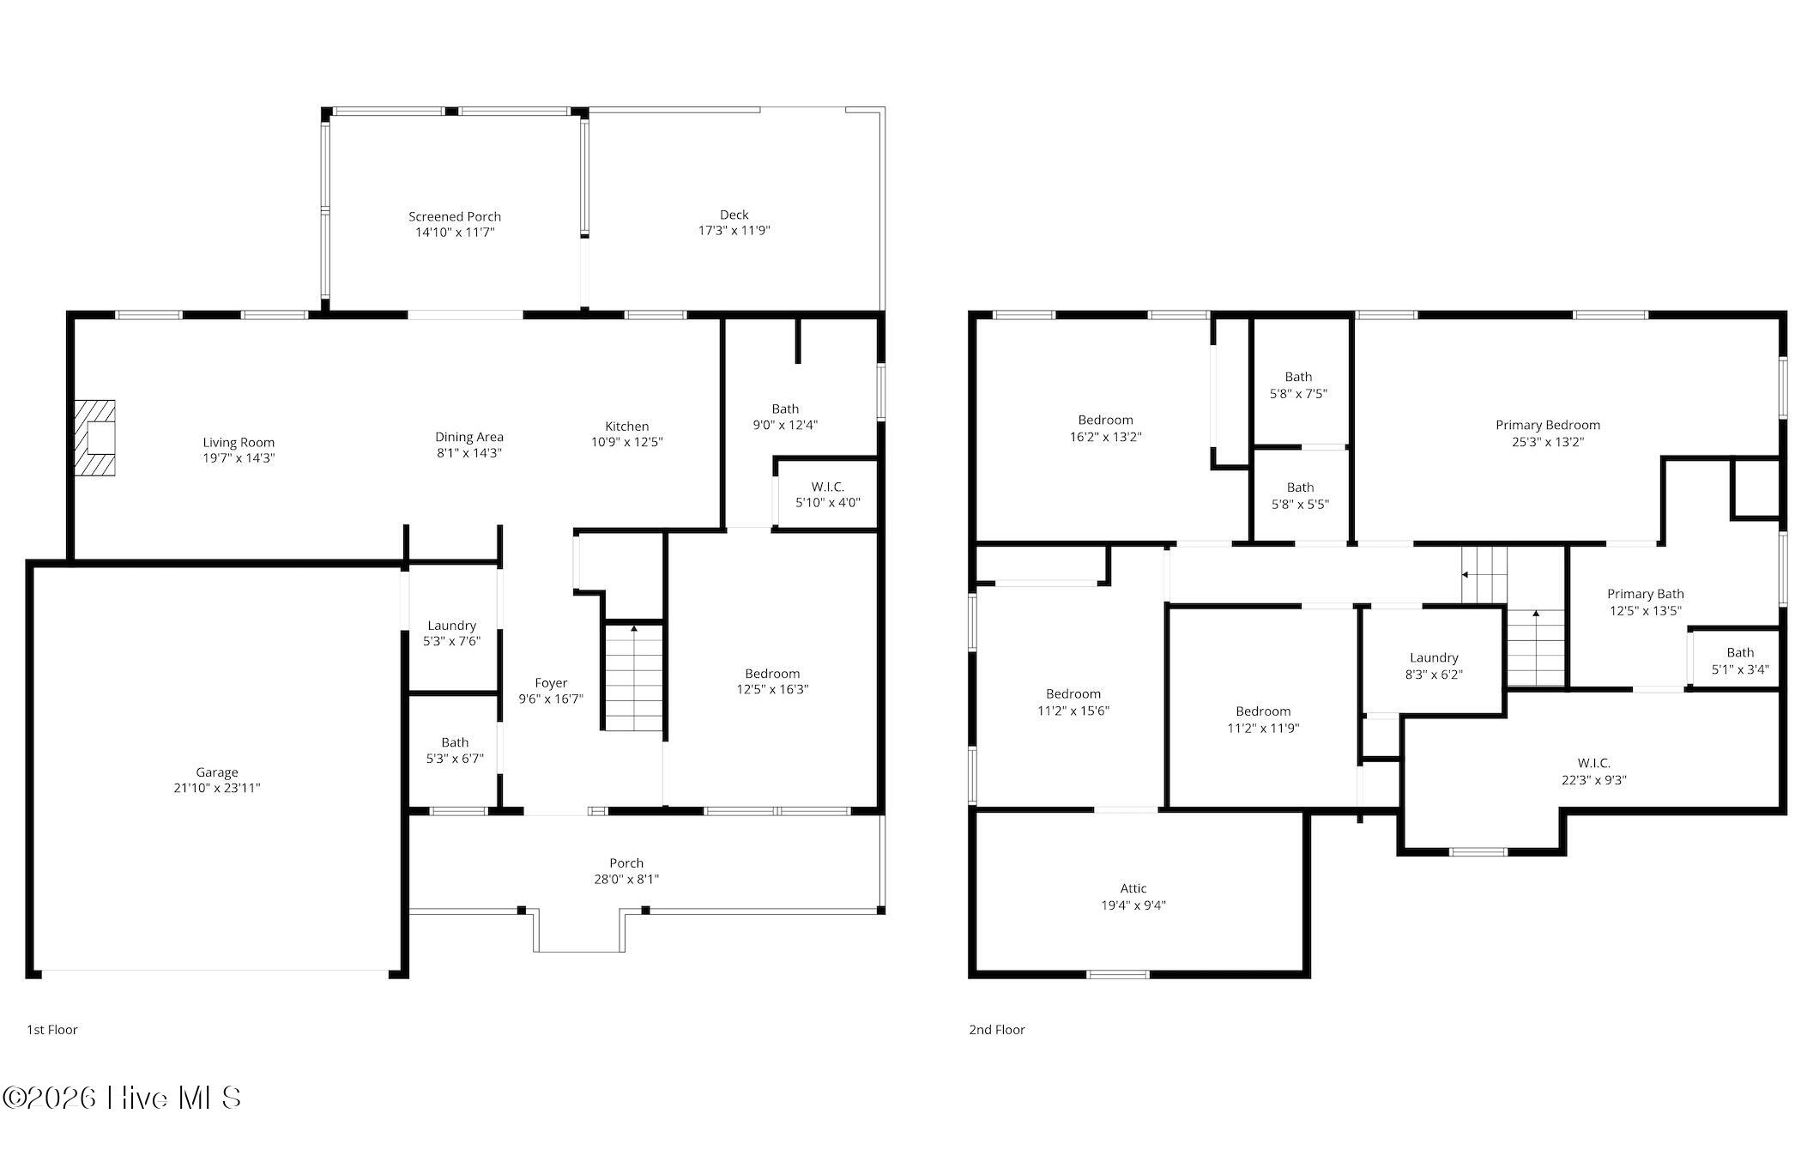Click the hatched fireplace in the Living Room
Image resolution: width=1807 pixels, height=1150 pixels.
pyautogui.click(x=94, y=438)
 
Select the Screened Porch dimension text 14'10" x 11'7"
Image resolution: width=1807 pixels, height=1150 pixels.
pyautogui.click(x=455, y=233)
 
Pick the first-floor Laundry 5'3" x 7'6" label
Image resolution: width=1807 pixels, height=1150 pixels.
pyautogui.click(x=451, y=633)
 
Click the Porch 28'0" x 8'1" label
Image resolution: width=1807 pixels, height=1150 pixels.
pyautogui.click(x=626, y=871)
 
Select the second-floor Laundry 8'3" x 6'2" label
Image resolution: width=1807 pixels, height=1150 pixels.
pyautogui.click(x=1434, y=666)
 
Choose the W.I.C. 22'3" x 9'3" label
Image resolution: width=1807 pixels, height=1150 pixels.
pyautogui.click(x=1594, y=772)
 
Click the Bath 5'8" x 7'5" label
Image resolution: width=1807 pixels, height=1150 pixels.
pyautogui.click(x=1298, y=385)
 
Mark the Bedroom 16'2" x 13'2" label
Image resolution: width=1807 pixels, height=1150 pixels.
pyautogui.click(x=1105, y=428)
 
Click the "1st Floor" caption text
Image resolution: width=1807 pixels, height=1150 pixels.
pyautogui.click(x=52, y=1030)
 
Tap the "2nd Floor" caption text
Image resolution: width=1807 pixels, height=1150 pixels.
pyautogui.click(x=997, y=1030)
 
